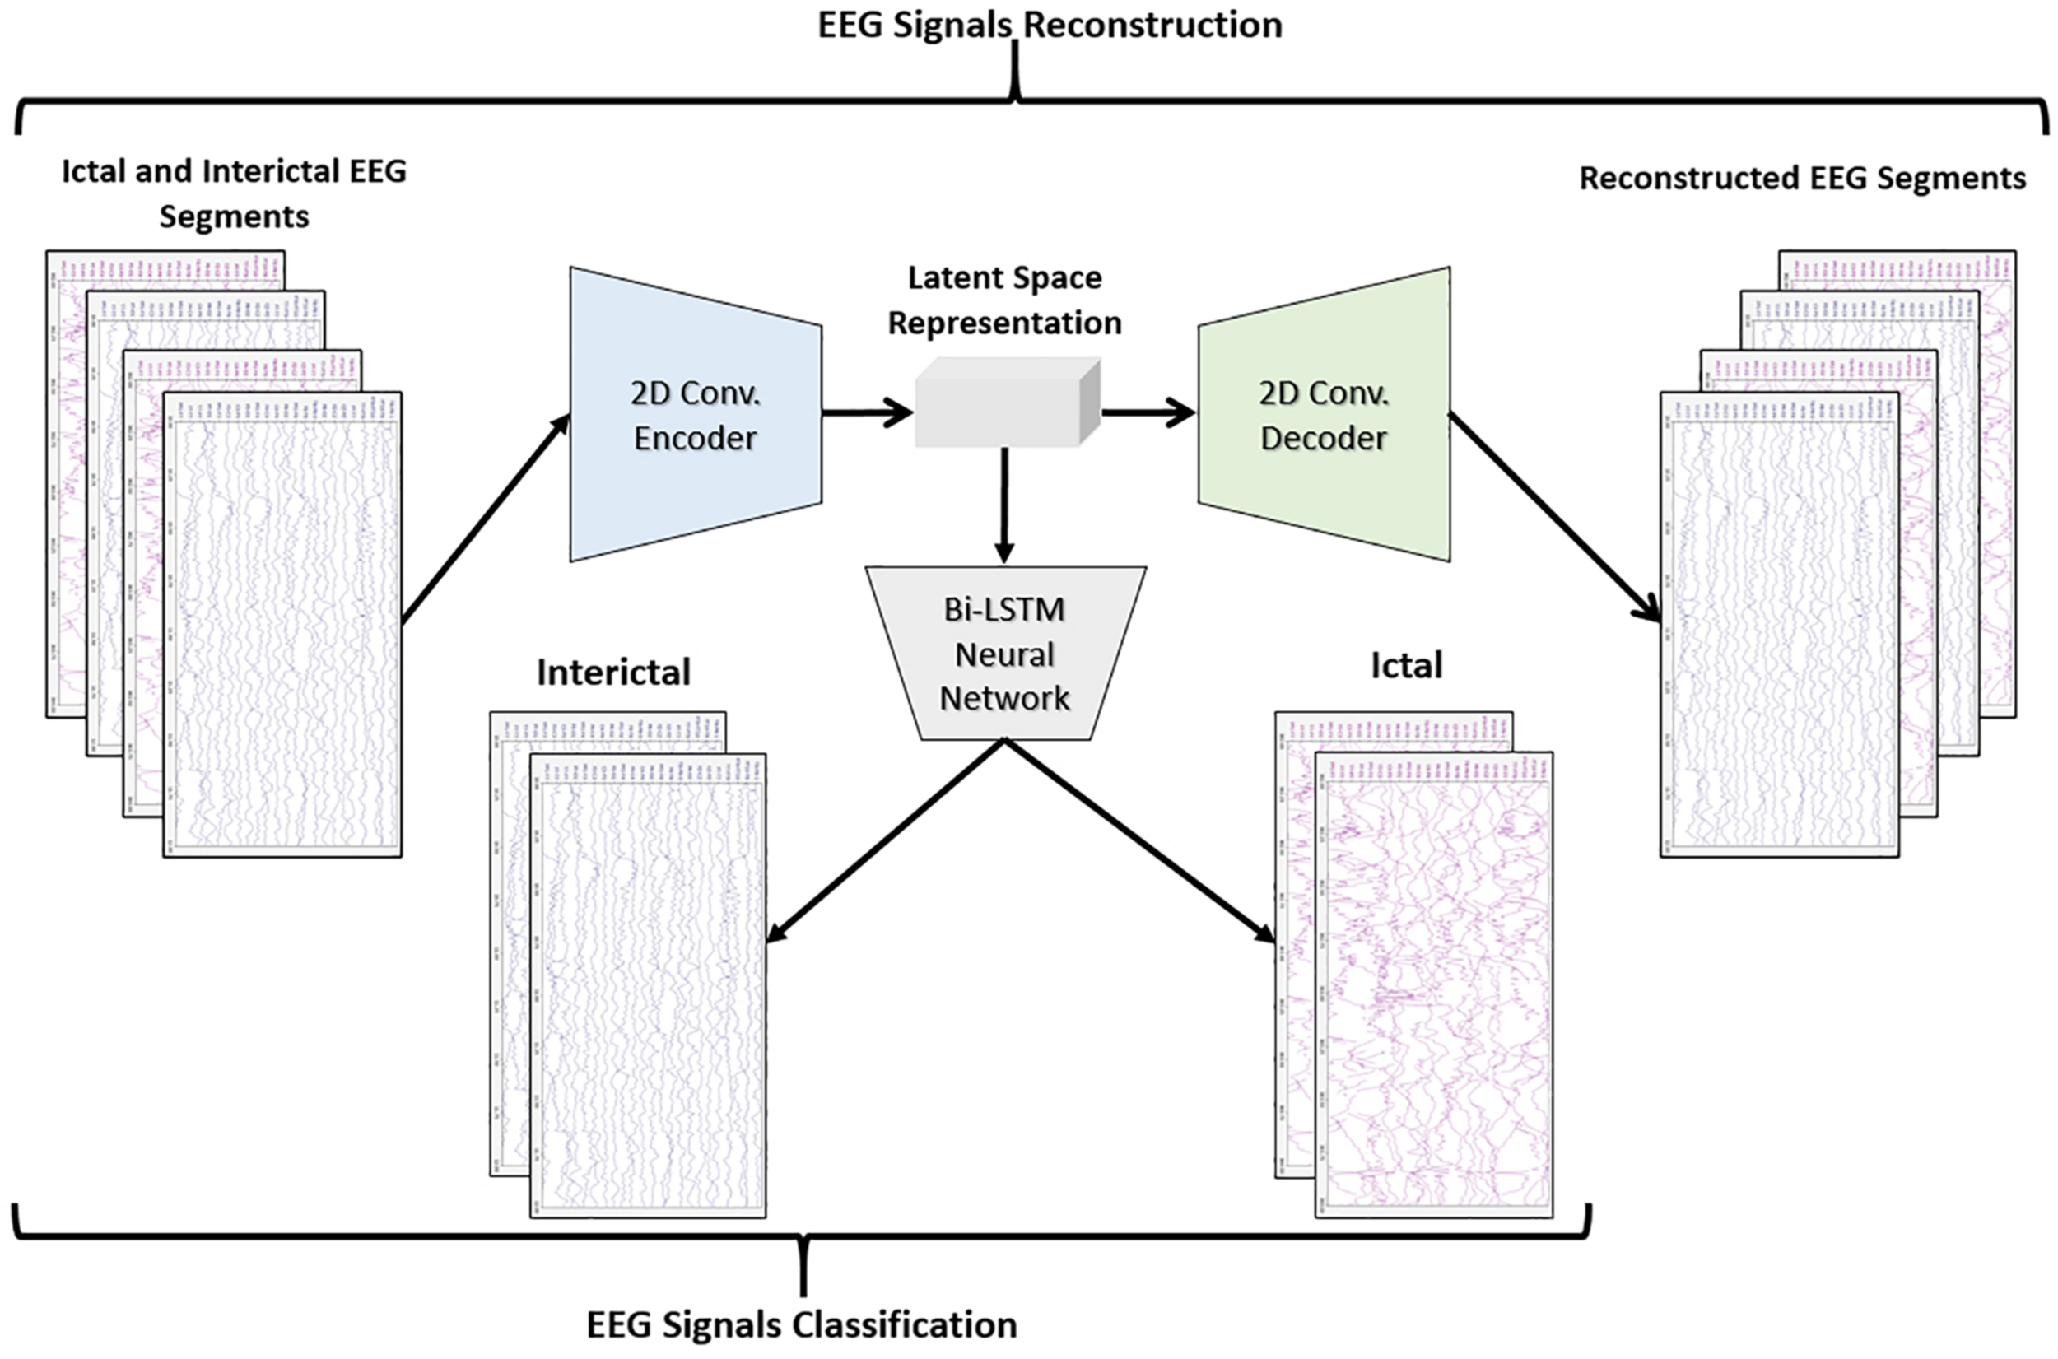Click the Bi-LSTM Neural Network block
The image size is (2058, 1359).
click(1005, 654)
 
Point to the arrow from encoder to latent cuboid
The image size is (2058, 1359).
click(867, 412)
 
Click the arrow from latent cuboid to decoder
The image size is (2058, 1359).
click(1148, 412)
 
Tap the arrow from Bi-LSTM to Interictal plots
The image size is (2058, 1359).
click(884, 840)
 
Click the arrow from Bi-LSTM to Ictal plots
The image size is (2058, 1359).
click(1139, 840)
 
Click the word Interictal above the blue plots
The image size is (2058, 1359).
click(613, 673)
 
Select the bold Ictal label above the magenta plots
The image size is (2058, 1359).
click(1405, 666)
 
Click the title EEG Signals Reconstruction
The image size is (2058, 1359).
click(1050, 24)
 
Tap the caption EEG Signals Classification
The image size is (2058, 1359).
click(802, 1325)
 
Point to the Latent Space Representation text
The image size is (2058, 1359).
click(1004, 300)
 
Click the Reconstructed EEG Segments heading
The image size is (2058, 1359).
click(1802, 178)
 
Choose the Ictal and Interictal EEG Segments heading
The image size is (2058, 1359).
click(234, 193)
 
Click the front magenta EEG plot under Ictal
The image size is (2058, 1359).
click(1434, 988)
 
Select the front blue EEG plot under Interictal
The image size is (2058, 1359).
click(648, 988)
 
